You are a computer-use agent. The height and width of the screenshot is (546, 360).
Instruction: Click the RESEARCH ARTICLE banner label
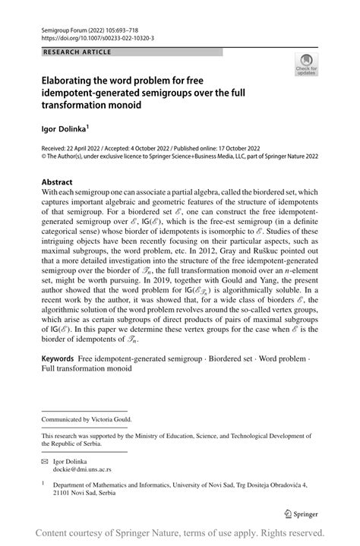click(x=78, y=52)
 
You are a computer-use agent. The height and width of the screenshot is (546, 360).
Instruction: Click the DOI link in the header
click(x=99, y=36)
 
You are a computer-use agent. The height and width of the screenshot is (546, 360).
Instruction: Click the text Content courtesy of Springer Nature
click(x=106, y=532)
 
